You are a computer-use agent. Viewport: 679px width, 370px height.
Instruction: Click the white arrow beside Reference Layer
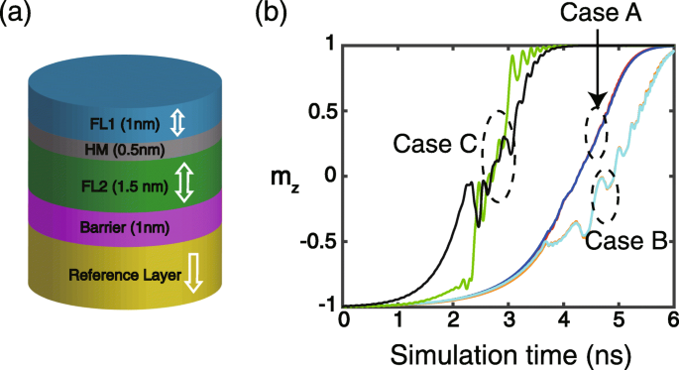tap(193, 274)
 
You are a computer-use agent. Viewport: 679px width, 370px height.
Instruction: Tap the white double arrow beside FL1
tap(175, 123)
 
